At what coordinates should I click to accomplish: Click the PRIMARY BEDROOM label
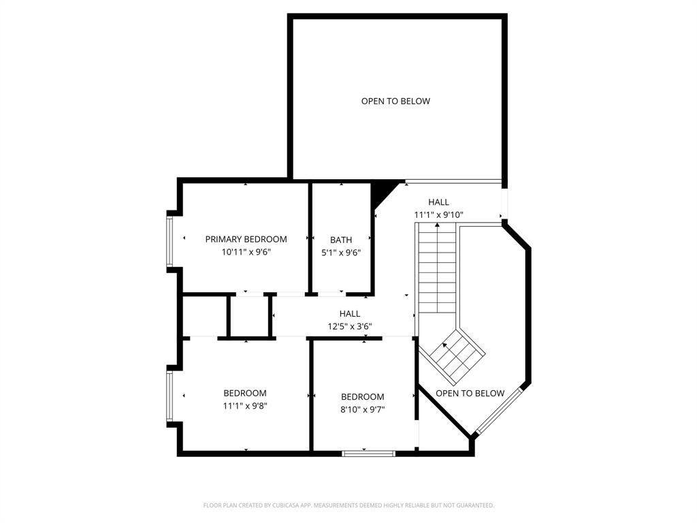click(x=246, y=239)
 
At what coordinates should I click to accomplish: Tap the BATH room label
click(x=341, y=240)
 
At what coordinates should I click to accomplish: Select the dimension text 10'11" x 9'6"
click(x=246, y=252)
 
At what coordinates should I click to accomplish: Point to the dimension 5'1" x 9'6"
click(x=341, y=253)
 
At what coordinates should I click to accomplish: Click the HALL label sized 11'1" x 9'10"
click(x=438, y=202)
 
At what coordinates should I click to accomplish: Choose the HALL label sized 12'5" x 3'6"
click(x=350, y=314)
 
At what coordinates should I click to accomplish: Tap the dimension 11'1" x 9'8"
click(x=245, y=406)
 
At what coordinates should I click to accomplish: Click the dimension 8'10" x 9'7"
click(x=362, y=410)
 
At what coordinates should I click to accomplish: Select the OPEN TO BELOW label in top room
click(x=395, y=101)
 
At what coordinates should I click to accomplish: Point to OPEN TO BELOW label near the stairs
click(x=470, y=394)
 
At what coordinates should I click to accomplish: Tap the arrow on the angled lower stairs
click(x=446, y=346)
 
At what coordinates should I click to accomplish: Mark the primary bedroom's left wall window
click(x=170, y=241)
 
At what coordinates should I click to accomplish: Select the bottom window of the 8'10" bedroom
click(x=368, y=452)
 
